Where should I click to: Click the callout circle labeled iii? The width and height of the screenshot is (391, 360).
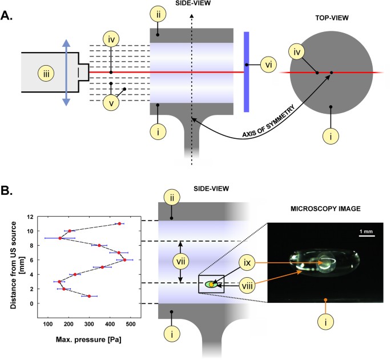[x=46, y=74]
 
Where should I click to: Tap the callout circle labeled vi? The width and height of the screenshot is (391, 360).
[x=269, y=65]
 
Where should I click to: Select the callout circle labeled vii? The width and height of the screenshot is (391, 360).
[x=181, y=261]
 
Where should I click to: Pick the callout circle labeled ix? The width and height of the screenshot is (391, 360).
[x=247, y=263]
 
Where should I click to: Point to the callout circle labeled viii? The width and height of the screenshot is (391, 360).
[x=247, y=286]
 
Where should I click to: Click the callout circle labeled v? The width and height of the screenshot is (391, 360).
[x=111, y=103]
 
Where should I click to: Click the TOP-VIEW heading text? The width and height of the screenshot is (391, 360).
[x=332, y=18]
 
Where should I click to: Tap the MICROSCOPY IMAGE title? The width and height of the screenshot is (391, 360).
[x=325, y=209]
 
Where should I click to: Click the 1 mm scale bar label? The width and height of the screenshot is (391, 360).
[x=366, y=231]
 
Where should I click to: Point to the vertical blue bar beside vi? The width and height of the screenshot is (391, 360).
[x=247, y=72]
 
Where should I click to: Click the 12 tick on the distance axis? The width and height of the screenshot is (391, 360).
[x=30, y=217]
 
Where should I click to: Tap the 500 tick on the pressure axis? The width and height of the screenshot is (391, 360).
[x=130, y=324]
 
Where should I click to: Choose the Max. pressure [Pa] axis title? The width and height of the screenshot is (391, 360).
[x=88, y=339]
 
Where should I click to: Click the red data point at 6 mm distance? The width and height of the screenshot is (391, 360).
[x=124, y=260]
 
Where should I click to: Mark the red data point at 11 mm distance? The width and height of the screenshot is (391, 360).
[x=119, y=223]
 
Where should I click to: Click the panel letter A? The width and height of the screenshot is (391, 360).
[x=6, y=15]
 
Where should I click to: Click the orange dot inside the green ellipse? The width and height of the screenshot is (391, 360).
[x=211, y=284]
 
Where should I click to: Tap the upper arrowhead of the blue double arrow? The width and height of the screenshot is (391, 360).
[x=66, y=43]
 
